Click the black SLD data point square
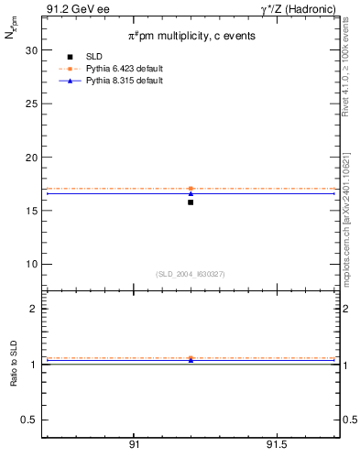[191, 202]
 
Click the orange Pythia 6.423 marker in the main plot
[191, 189]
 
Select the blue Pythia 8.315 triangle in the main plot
[191, 193]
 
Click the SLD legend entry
[106, 57]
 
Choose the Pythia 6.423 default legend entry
[124, 69]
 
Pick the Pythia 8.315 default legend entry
[124, 81]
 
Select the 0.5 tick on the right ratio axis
[348, 420]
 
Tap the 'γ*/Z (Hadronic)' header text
[304, 9]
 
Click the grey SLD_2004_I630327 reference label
[191, 274]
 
